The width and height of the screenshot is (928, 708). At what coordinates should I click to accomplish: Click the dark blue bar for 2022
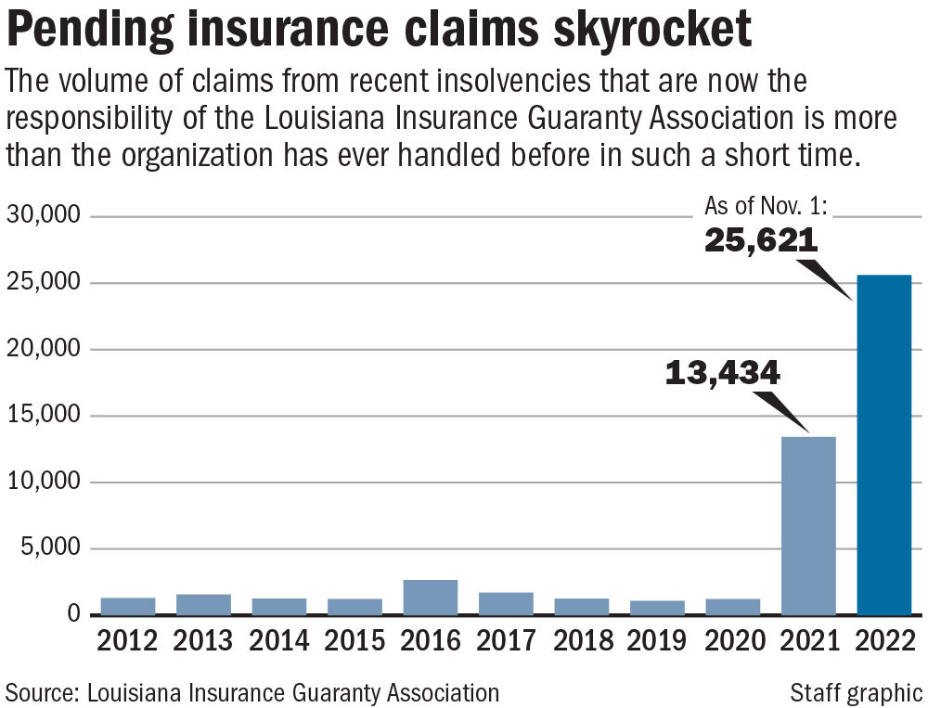[x=883, y=445]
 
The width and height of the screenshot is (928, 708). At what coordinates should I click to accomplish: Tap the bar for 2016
[x=431, y=598]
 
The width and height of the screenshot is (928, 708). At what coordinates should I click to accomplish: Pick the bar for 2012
[x=128, y=606]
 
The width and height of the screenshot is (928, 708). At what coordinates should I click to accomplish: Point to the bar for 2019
[x=657, y=608]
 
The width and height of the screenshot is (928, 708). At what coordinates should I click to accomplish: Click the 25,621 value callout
[x=760, y=241]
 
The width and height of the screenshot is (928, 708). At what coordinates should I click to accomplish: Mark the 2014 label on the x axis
[x=279, y=641]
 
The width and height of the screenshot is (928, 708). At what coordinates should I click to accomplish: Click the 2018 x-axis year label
[x=582, y=641]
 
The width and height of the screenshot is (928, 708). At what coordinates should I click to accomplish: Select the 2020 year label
[x=733, y=641]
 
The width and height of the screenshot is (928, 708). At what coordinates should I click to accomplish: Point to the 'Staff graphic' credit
[x=856, y=692]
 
